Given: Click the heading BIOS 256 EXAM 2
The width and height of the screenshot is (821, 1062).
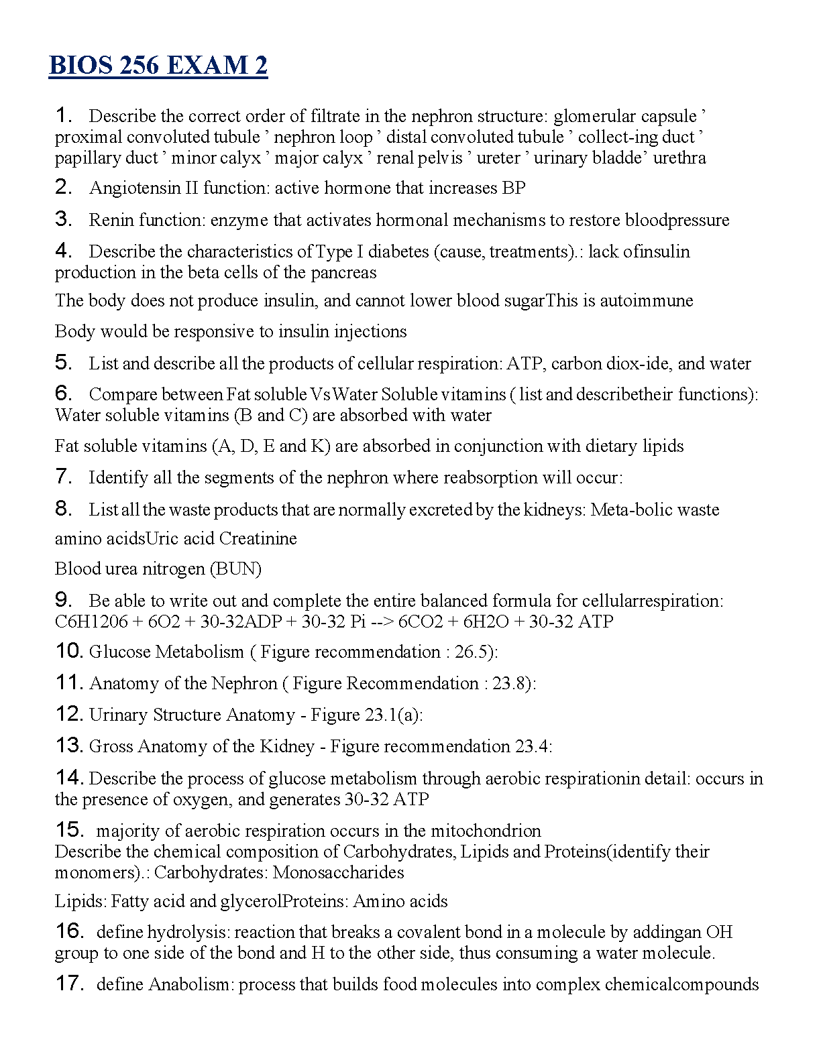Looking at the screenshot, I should click(158, 66).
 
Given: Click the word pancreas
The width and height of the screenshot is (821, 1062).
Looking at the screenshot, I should click(344, 272).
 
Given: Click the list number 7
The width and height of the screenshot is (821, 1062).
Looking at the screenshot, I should click(63, 477).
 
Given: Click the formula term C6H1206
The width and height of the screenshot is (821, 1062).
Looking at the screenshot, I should click(91, 622).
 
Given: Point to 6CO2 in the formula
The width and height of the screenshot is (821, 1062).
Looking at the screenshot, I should click(421, 622).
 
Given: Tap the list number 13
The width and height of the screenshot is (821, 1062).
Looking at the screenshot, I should click(69, 746).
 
